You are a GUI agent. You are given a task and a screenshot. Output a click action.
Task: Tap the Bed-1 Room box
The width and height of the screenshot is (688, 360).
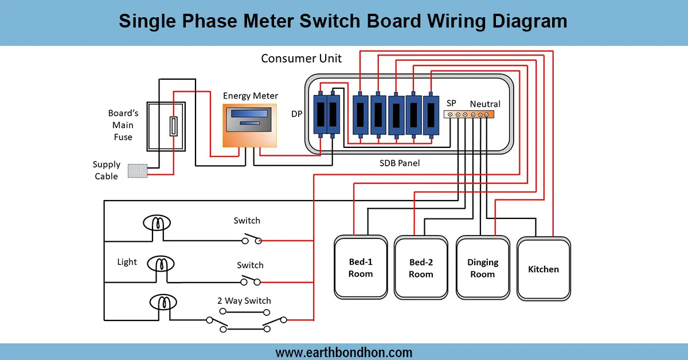361,268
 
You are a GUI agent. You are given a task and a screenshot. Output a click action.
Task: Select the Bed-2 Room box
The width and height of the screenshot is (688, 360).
421,268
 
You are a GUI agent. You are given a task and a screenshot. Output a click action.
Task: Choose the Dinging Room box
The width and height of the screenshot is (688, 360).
483,268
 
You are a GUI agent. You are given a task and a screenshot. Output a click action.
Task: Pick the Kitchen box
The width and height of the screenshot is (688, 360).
544,269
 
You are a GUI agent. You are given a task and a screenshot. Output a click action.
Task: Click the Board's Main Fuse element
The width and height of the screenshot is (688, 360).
173,126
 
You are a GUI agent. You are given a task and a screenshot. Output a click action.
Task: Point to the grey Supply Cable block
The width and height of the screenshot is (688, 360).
137,171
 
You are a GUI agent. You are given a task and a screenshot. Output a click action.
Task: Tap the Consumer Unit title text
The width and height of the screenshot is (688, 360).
301,58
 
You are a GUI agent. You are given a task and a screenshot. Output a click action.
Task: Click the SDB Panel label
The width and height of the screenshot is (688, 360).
400,163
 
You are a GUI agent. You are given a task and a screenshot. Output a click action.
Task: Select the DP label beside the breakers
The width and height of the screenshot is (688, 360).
296,114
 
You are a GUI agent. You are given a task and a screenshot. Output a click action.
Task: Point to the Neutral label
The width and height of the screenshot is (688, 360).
485,104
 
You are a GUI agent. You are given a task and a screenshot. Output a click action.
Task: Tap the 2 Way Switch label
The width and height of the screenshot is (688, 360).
244,301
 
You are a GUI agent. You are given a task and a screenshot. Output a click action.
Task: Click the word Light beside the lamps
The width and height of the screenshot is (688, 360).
127,262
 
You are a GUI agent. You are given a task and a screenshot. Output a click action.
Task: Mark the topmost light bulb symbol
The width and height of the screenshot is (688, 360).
157,222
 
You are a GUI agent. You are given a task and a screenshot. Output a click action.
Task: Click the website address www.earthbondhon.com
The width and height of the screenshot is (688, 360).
343,352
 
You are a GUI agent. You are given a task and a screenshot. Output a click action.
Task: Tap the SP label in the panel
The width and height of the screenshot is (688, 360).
451,103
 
